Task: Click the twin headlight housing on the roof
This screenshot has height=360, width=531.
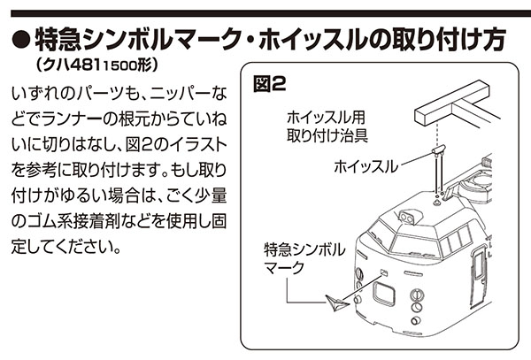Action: pyautogui.click(x=408, y=214)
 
